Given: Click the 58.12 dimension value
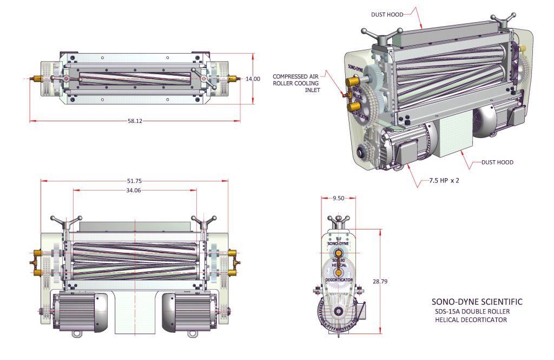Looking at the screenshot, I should coord(135,121).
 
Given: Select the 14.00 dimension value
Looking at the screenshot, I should coord(253,79).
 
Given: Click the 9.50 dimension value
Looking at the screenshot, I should coord(338,198).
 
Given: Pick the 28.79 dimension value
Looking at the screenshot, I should coord(381,282).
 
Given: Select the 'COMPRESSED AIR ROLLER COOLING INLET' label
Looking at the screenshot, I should coord(296,83).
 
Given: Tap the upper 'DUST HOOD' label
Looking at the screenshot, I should coord(387,15).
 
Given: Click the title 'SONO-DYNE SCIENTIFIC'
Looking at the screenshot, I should coord(477,302).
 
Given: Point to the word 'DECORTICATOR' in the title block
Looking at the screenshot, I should coord(480,320).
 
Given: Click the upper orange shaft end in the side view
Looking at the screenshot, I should coord(339,253).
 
